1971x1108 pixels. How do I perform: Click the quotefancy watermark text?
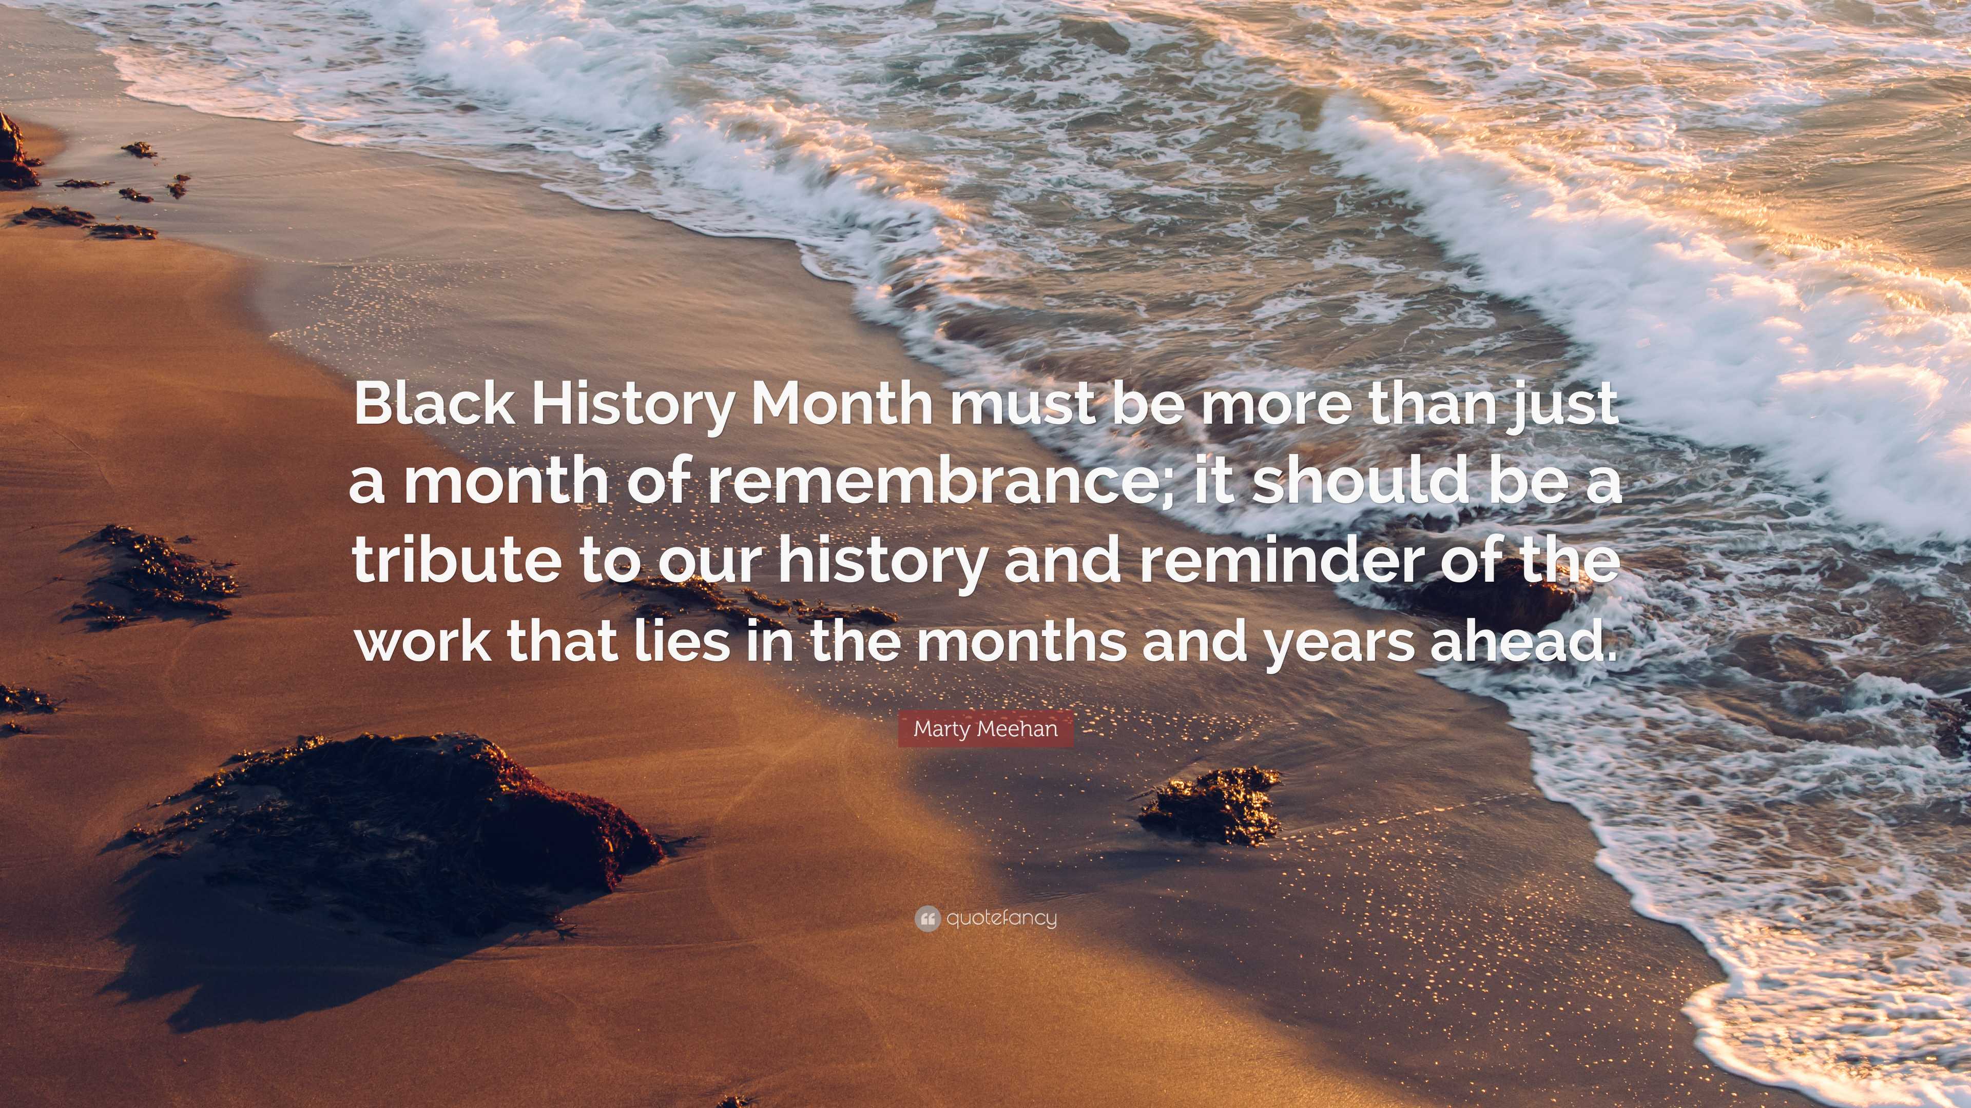tap(1001, 918)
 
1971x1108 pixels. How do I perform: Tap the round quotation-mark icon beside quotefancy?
tap(927, 918)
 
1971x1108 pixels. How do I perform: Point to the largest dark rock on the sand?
tap(398, 826)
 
